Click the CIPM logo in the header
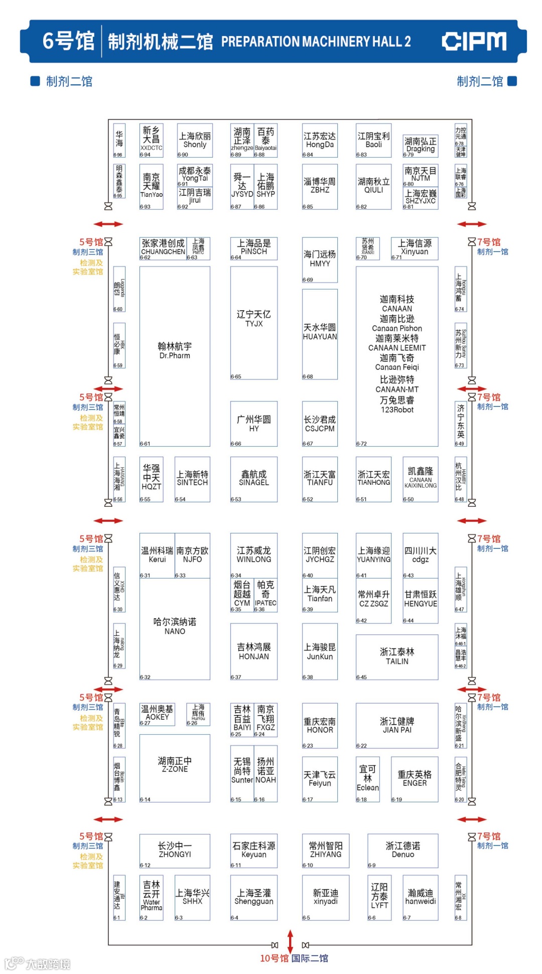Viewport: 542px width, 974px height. tap(474, 41)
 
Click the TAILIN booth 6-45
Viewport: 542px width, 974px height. tap(397, 656)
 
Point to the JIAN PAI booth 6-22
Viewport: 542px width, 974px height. tap(397, 726)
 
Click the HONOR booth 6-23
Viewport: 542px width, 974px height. tap(320, 726)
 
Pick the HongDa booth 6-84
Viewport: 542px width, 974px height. tap(320, 141)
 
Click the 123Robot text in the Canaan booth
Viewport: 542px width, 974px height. tap(397, 410)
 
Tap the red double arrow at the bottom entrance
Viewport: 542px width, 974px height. tap(290, 941)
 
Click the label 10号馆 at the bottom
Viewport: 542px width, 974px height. tap(274, 958)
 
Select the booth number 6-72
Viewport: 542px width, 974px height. tap(361, 444)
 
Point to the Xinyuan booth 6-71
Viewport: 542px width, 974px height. tap(415, 248)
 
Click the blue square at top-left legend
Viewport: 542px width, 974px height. tap(35, 81)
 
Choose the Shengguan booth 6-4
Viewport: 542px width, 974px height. tap(254, 897)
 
